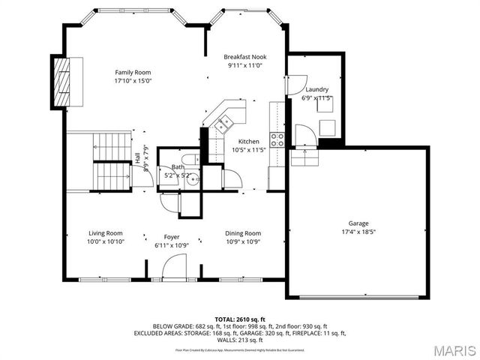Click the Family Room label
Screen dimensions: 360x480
click(133, 72)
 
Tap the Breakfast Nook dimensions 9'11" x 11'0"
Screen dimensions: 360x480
click(244, 65)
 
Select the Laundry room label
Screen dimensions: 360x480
click(316, 89)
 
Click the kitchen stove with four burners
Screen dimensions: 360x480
click(277, 139)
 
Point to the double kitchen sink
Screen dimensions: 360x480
click(223, 125)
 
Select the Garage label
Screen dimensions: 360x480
click(358, 223)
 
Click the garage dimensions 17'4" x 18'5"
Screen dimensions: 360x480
click(358, 232)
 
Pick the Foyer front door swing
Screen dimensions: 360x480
click(174, 267)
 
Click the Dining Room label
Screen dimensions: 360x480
click(244, 233)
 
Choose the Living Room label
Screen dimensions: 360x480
click(106, 233)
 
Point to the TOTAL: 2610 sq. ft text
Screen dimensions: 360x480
click(240, 319)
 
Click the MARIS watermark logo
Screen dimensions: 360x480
click(448, 349)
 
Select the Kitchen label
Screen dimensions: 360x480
click(248, 142)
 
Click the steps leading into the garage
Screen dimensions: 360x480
click(304, 157)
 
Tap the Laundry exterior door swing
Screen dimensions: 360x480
click(298, 82)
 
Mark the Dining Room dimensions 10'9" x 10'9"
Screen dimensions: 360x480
click(244, 241)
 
